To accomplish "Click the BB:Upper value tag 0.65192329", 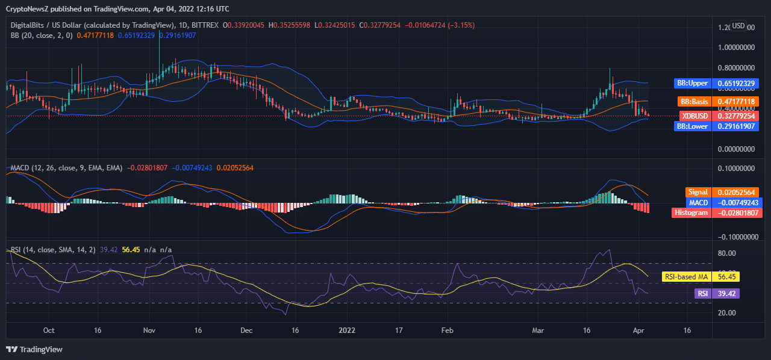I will [735, 83].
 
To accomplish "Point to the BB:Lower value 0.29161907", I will [735, 126].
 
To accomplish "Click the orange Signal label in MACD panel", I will [698, 192].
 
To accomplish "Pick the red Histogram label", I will [691, 213].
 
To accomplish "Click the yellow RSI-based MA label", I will [686, 277].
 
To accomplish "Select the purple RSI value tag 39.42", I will [725, 293].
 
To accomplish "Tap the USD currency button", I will [738, 26].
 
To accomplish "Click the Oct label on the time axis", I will [49, 331].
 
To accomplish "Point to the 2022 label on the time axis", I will [347, 331].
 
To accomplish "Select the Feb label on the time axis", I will [447, 331].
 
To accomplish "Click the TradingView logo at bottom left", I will [34, 349].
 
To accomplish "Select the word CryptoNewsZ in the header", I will [29, 9].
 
